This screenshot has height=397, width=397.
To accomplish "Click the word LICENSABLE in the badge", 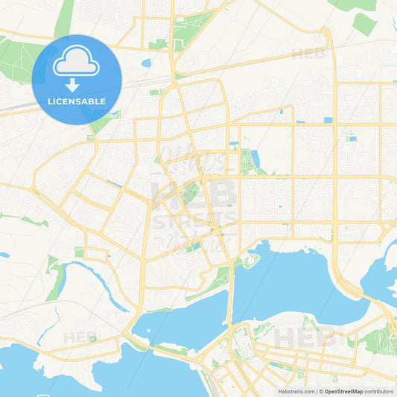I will point(76,101).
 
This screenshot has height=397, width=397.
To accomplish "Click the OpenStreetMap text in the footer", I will point(343,391).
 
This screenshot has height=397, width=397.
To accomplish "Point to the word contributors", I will point(379,391).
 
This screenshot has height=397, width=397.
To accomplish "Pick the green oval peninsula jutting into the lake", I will point(250,260).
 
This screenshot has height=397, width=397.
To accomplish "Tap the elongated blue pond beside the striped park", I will point(255,158).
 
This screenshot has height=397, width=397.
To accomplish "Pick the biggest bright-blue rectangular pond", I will point(328,120).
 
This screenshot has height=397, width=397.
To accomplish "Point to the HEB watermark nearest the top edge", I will point(306,54).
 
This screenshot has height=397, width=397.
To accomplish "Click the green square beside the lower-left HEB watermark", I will point(92,339).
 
